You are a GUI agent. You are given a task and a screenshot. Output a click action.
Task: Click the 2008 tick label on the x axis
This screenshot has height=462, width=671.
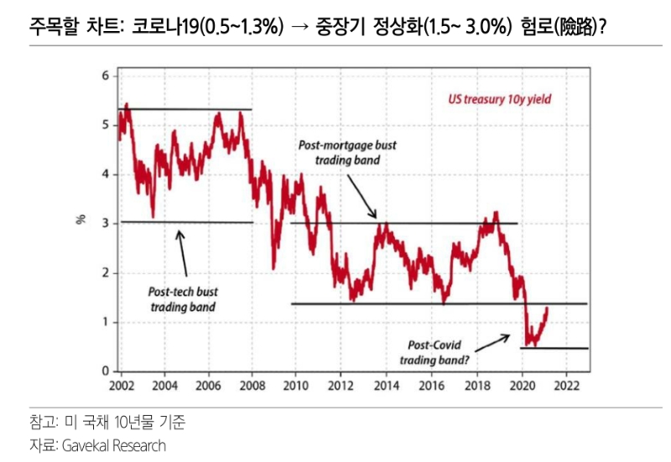click(x=252, y=386)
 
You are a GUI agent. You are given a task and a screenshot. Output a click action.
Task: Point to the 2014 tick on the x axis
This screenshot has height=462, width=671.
click(x=387, y=386)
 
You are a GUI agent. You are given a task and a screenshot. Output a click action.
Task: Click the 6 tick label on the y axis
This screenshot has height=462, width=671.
click(x=105, y=76)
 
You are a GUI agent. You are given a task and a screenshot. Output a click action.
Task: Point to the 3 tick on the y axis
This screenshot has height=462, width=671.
click(x=105, y=223)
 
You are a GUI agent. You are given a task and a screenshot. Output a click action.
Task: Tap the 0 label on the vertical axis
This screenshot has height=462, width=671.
click(x=105, y=371)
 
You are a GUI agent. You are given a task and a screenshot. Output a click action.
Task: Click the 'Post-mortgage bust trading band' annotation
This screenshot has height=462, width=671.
click(x=347, y=152)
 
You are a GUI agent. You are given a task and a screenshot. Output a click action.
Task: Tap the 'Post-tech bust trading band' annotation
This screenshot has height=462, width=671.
click(x=183, y=299)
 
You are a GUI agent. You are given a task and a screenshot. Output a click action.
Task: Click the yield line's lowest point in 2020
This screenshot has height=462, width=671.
click(x=525, y=345)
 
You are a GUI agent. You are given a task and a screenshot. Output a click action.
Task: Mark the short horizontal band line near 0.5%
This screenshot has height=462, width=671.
click(x=554, y=348)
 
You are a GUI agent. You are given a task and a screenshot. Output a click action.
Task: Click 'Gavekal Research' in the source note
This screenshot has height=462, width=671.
click(x=113, y=445)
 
